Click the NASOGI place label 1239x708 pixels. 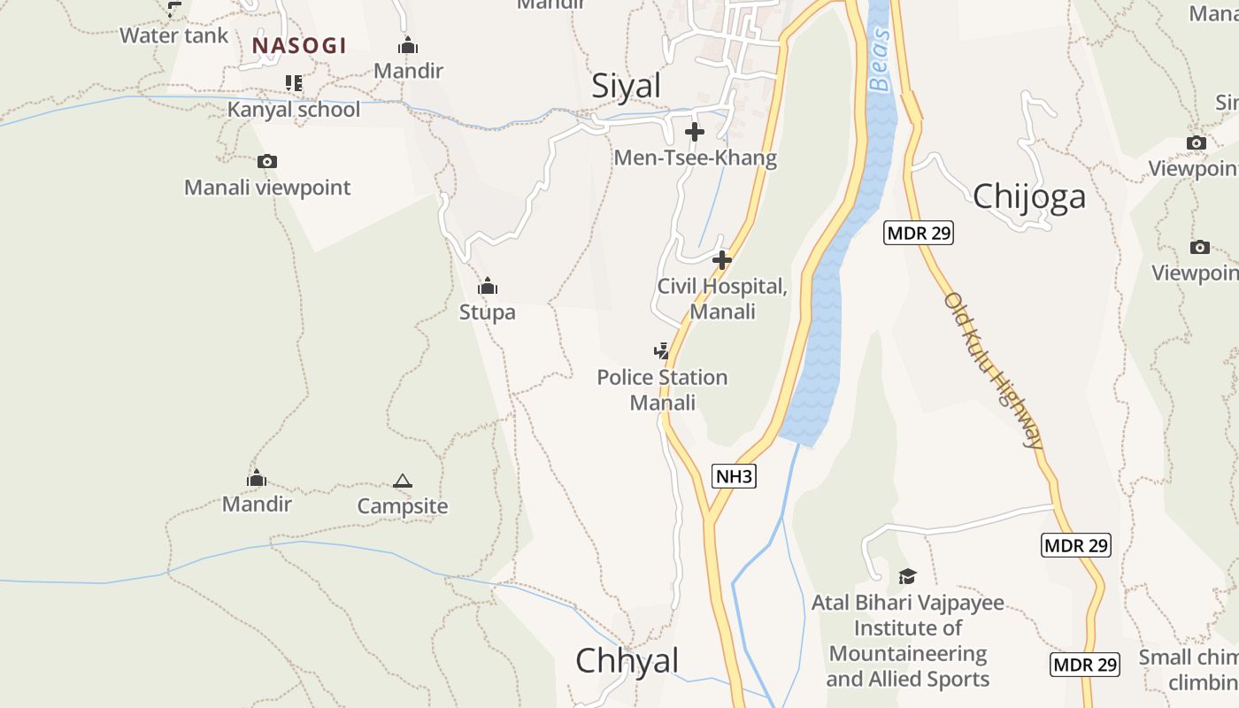tap(299, 45)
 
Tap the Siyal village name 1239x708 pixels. tap(627, 86)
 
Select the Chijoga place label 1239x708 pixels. tap(1028, 196)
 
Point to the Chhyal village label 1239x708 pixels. tap(627, 661)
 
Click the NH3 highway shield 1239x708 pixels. tap(734, 477)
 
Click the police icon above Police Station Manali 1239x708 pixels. tap(661, 351)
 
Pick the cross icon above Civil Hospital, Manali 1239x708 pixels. tap(722, 260)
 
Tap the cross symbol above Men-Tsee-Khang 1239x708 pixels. tap(695, 133)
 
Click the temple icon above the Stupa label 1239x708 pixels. tap(487, 287)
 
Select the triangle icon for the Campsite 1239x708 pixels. tap(403, 481)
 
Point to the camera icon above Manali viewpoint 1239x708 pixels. tap(266, 161)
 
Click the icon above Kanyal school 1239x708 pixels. tap(294, 83)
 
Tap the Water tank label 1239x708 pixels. tap(173, 35)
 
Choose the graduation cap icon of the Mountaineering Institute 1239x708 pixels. tap(907, 577)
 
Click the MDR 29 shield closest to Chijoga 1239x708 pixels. tap(919, 234)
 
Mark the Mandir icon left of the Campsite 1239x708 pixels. tap(257, 479)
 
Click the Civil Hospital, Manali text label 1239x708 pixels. tap(722, 299)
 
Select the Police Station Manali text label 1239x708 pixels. tap(662, 390)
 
